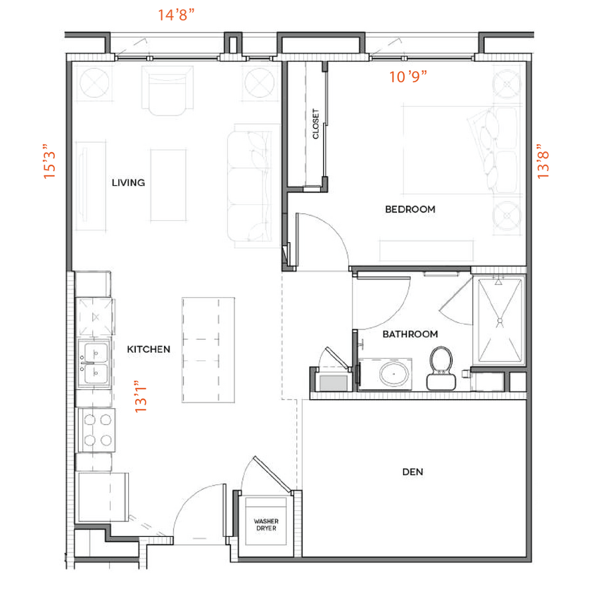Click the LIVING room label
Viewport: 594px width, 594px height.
click(x=128, y=183)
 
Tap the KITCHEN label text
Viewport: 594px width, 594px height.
click(x=148, y=349)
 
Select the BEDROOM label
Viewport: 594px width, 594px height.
click(x=410, y=209)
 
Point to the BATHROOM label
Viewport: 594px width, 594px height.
click(x=410, y=334)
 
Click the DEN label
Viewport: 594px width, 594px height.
click(x=412, y=472)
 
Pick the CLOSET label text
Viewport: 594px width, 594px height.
click(x=315, y=123)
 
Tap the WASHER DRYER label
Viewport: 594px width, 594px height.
click(x=265, y=525)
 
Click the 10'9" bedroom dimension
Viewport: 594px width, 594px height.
click(x=409, y=76)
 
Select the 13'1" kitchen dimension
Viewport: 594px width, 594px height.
click(x=141, y=396)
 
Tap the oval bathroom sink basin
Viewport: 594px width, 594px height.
click(x=396, y=373)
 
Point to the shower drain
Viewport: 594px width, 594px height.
click(x=499, y=322)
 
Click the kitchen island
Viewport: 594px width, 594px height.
click(x=208, y=350)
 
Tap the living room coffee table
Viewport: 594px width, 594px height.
click(x=168, y=184)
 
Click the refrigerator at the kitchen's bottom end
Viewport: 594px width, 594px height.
click(x=103, y=497)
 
